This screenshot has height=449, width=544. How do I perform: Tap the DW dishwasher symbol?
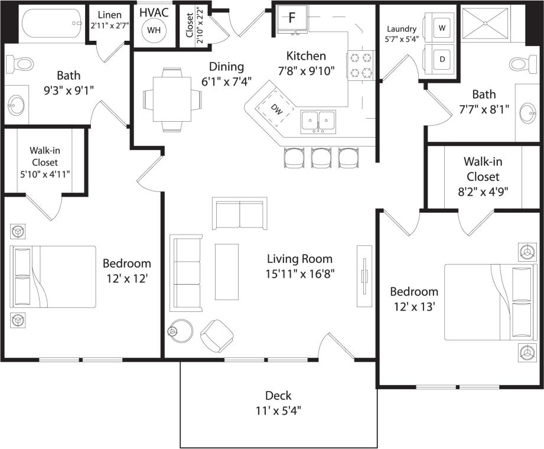pyautogui.click(x=275, y=109)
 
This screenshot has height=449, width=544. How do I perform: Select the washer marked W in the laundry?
pyautogui.click(x=442, y=27)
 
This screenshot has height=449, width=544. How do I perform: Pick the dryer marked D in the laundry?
pyautogui.click(x=442, y=59)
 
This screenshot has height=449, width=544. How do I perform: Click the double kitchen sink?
pyautogui.click(x=318, y=122)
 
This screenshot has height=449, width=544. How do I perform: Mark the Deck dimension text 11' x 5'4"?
pyautogui.click(x=278, y=409)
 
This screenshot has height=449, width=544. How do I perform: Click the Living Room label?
pyautogui.click(x=299, y=259)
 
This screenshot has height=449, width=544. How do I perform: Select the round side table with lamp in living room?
pyautogui.click(x=181, y=331)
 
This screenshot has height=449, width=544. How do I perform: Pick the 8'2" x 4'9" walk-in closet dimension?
pyautogui.click(x=483, y=191)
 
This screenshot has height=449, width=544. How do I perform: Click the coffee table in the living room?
pyautogui.click(x=226, y=271)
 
